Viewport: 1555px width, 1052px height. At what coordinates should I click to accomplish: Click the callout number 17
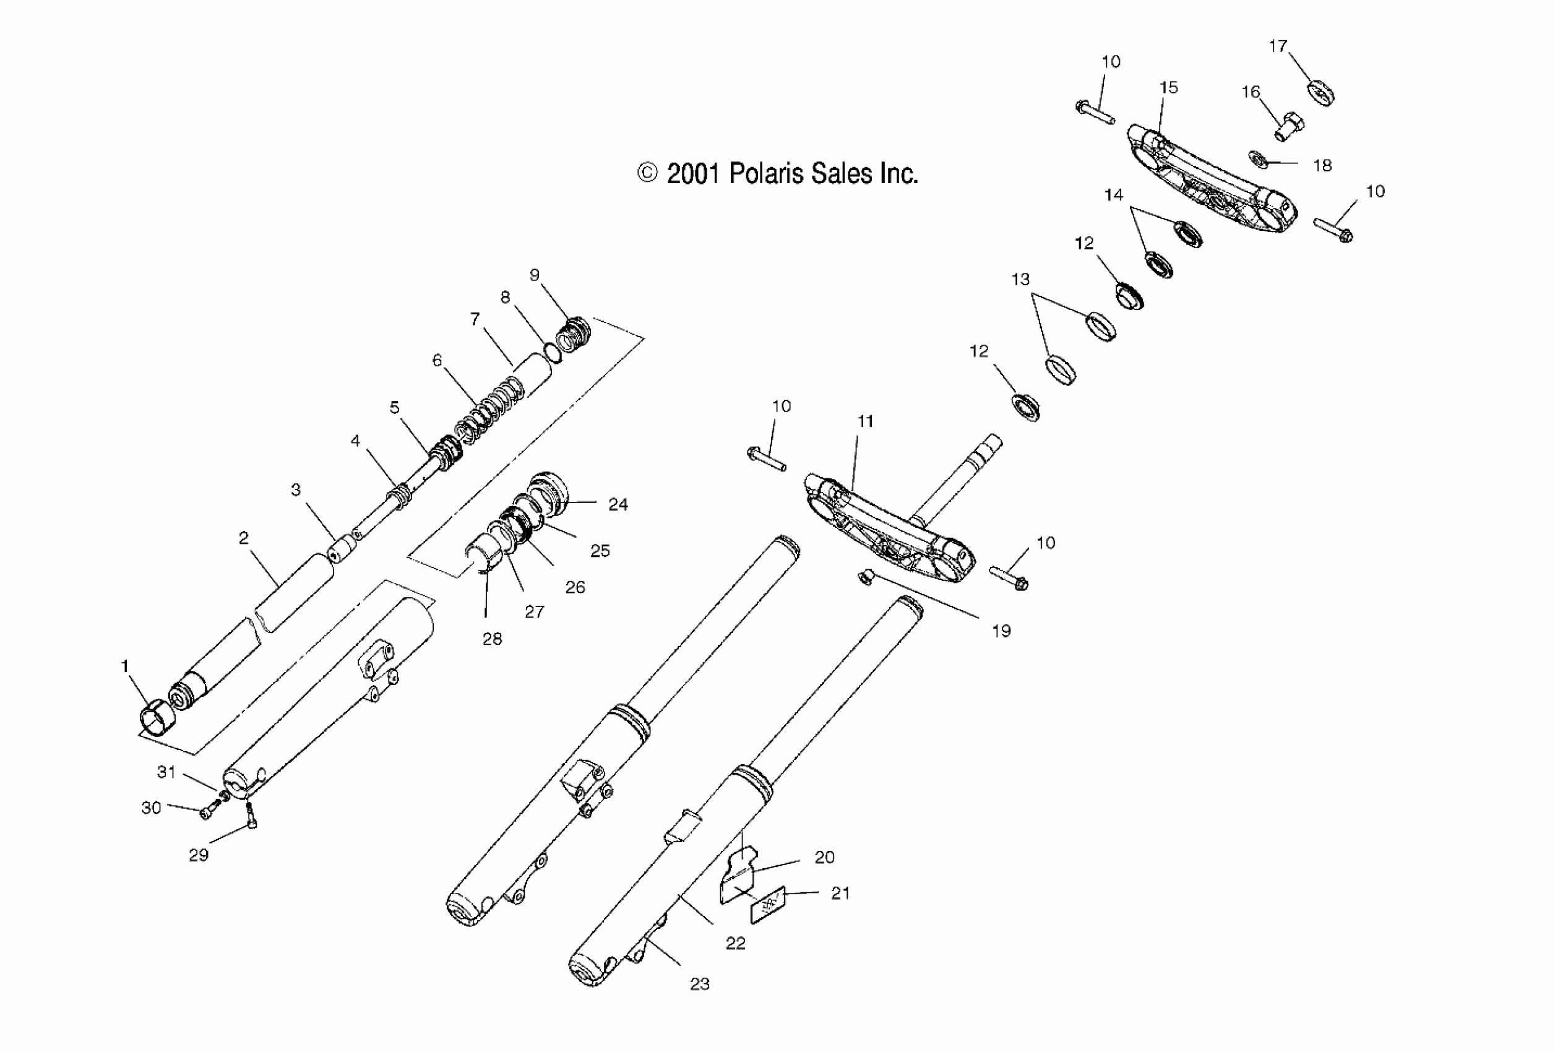coord(1277,46)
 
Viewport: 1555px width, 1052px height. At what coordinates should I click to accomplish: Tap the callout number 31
coord(166,772)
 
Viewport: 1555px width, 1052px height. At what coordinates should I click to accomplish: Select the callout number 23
coord(699,984)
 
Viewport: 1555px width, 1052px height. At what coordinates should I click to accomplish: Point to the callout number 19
coord(1001,631)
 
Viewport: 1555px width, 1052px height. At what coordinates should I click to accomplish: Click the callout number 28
coord(492,639)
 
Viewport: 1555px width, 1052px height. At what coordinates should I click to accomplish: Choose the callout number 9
coord(534,275)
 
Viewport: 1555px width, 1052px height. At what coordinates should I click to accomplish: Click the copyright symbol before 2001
coord(647,173)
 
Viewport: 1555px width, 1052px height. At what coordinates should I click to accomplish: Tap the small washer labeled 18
coord(1257,160)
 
